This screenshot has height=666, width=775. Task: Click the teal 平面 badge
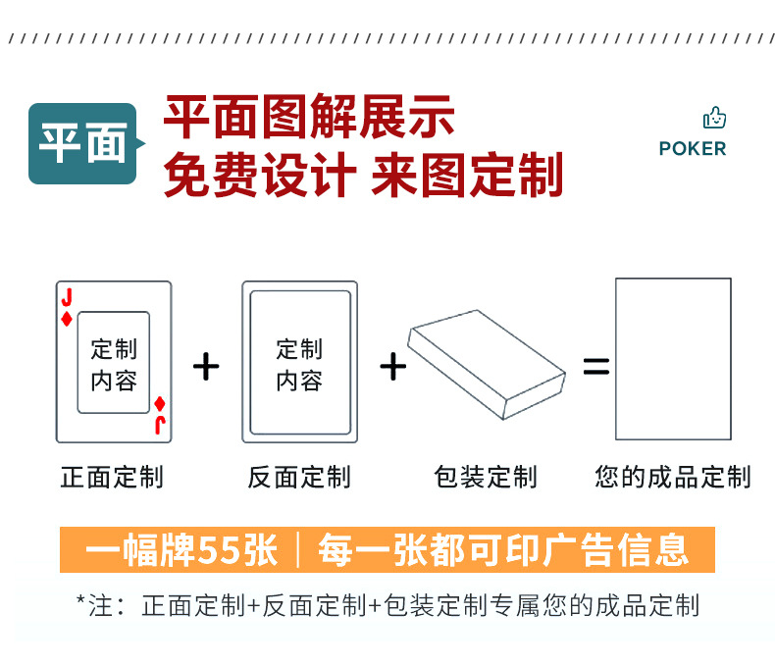82,143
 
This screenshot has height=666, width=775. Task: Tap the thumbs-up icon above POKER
714,119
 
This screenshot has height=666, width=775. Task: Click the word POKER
693,149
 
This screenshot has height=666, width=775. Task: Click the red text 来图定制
467,176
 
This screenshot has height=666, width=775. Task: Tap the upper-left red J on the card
66,297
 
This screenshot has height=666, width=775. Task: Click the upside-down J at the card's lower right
160,424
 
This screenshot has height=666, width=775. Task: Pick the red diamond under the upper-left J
66,319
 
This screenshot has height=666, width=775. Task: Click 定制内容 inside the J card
114,365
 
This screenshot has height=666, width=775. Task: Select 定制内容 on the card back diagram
299,365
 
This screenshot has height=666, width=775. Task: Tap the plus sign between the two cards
206,367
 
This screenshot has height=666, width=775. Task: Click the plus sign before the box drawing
392,367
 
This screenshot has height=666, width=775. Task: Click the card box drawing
488,364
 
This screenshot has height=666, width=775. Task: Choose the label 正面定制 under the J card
112,478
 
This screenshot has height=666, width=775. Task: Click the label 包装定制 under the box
486,478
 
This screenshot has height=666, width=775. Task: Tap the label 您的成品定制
672,478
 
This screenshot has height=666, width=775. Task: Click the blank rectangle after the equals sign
673,359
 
